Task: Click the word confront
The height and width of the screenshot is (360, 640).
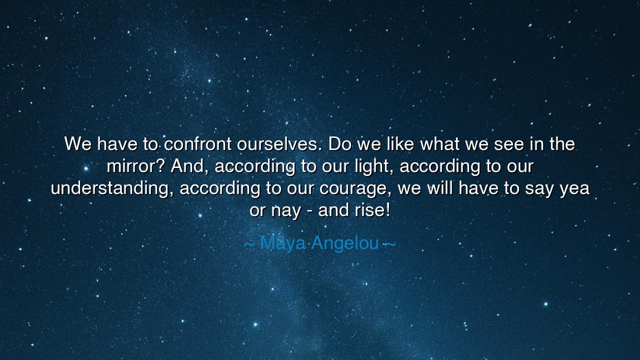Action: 197,143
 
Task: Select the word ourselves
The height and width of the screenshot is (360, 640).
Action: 277,143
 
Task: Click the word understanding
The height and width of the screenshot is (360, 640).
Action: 112,188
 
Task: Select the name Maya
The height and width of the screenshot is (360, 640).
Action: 282,243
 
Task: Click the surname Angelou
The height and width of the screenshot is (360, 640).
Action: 345,243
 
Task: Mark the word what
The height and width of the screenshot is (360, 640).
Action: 439,143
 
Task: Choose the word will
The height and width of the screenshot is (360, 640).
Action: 440,188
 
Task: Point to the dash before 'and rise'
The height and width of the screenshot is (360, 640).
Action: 309,211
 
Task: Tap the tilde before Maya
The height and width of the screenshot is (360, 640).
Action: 249,244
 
